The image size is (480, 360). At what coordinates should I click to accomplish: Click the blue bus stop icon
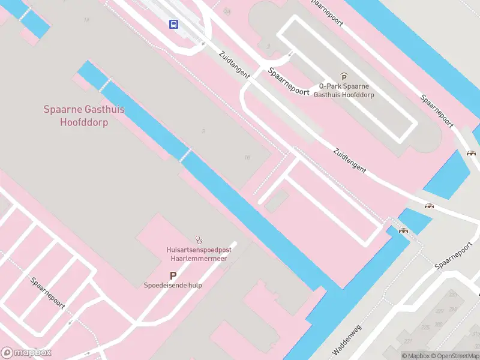click(174, 24)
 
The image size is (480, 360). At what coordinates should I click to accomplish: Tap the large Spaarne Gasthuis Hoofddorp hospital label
click(84, 116)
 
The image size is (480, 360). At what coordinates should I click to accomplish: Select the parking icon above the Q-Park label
click(344, 76)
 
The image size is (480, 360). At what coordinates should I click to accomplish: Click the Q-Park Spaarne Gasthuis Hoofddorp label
click(344, 91)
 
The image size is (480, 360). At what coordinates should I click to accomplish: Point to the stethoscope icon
click(199, 239)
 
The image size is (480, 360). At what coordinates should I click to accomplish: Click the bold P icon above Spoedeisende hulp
click(173, 275)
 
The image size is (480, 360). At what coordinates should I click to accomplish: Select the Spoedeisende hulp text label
click(173, 286)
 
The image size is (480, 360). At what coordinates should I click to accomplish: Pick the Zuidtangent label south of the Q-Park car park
click(349, 161)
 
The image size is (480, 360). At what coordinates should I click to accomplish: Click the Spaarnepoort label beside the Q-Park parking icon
click(289, 82)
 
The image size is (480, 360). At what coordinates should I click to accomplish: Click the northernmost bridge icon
click(471, 152)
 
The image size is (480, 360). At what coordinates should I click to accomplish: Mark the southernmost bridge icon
click(404, 230)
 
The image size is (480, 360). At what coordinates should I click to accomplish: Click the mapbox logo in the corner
click(26, 352)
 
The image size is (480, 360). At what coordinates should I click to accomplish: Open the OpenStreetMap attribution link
click(456, 356)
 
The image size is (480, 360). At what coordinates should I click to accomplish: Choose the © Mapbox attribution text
click(416, 356)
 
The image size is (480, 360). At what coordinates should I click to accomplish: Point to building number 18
click(247, 157)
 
